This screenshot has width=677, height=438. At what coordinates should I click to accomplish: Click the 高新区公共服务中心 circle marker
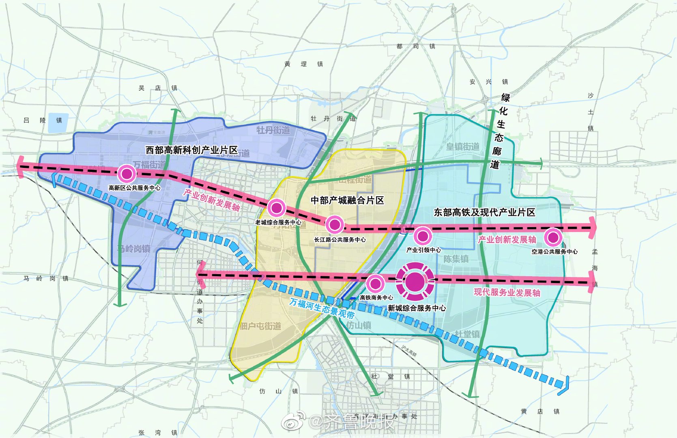pyautogui.click(x=127, y=174)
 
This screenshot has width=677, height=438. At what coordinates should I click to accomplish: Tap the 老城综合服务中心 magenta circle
pyautogui.click(x=277, y=208)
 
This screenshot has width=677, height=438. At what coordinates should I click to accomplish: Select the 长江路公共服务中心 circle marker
pyautogui.click(x=335, y=224)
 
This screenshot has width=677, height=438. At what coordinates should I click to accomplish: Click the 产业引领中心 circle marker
pyautogui.click(x=423, y=236)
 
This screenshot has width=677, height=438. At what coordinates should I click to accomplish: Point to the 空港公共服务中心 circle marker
pyautogui.click(x=553, y=238)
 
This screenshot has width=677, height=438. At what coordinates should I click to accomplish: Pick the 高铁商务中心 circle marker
pyautogui.click(x=375, y=283)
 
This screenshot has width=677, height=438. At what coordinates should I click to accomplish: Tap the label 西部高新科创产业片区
pyautogui.click(x=191, y=150)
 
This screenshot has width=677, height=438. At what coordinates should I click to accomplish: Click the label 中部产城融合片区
pyautogui.click(x=347, y=200)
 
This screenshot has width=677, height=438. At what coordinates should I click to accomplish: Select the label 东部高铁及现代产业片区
pyautogui.click(x=484, y=213)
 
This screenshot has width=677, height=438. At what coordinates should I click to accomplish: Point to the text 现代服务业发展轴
pyautogui.click(x=507, y=292)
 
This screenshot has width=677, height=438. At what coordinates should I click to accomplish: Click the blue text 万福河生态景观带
pyautogui.click(x=322, y=308)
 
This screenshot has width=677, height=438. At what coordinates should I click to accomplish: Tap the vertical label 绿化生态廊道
pyautogui.click(x=500, y=131)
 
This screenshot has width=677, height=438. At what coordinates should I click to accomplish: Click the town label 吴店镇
pyautogui.click(x=158, y=88)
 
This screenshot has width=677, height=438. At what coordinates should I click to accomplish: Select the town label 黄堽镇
pyautogui.click(x=303, y=64)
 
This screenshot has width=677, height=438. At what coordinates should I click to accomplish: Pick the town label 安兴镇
pyautogui.click(x=488, y=82)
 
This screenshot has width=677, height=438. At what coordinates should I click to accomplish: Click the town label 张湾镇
pyautogui.click(x=158, y=433)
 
